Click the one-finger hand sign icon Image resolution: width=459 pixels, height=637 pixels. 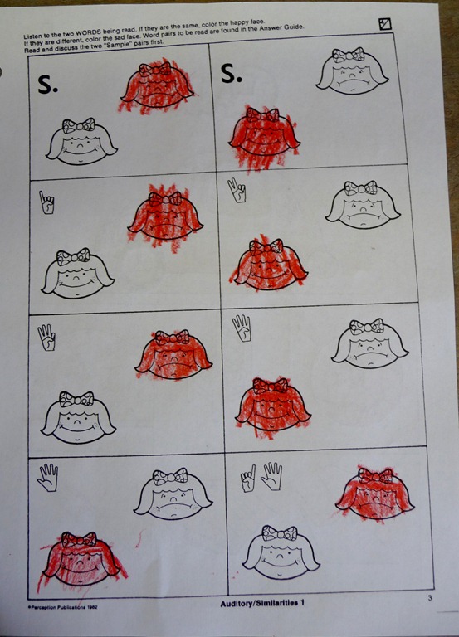(46, 202)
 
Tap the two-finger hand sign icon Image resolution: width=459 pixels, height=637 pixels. (237, 191)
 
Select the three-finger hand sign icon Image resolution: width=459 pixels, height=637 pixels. (46, 338)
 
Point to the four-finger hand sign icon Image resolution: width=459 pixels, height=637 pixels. (242, 328)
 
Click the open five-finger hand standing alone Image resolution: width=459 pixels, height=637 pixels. (48, 478)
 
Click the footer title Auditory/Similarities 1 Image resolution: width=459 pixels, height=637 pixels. (262, 603)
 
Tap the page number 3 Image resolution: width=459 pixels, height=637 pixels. (430, 597)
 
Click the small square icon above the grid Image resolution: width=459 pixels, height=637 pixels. (384, 24)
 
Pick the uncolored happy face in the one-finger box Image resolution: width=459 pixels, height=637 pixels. (78, 274)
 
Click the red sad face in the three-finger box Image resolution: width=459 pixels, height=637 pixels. (173, 354)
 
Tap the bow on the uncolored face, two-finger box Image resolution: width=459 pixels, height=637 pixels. (360, 187)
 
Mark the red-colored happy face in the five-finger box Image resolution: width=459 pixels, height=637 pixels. (81, 558)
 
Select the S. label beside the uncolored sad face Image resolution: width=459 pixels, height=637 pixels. (232, 73)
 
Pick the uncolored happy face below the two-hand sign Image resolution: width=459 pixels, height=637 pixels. (281, 552)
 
